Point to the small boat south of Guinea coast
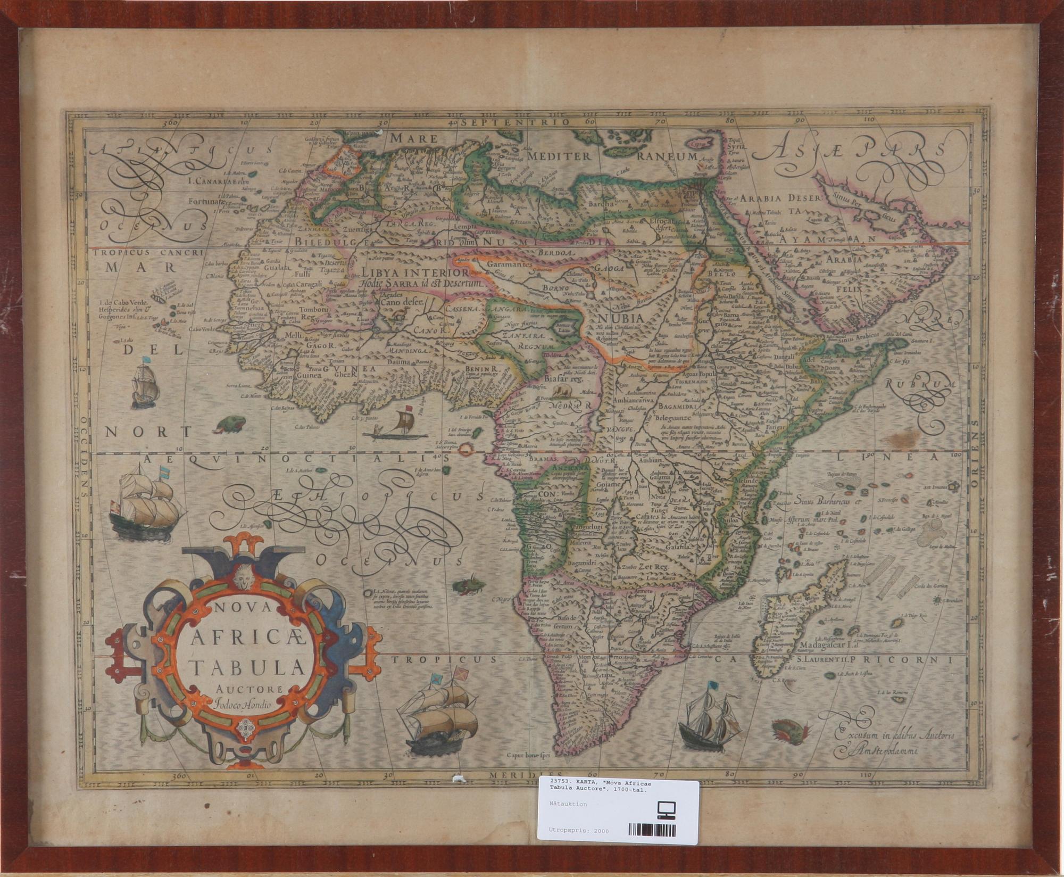coord(396,426)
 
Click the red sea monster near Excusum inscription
coord(790,727)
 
